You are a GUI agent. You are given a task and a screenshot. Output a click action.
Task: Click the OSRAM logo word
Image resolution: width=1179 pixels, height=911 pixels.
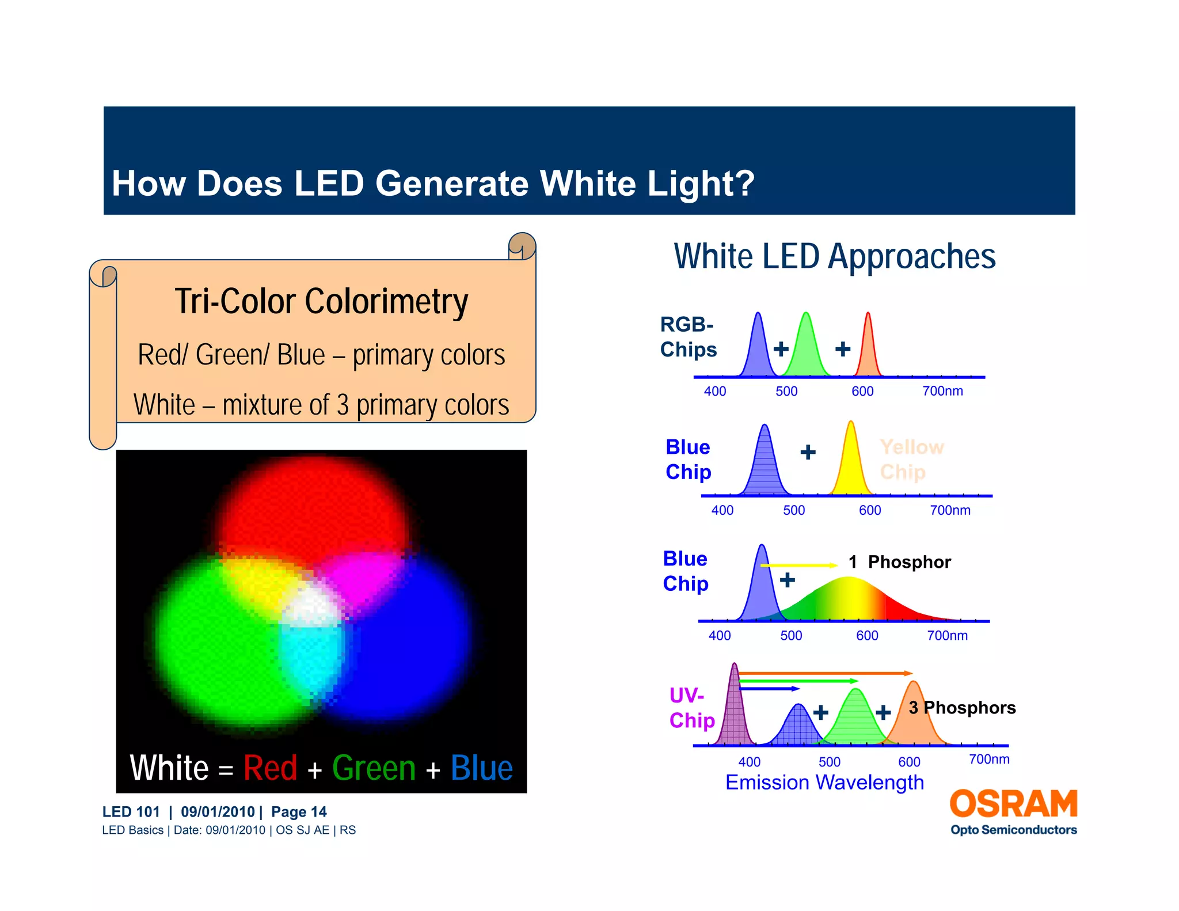pos(1013,804)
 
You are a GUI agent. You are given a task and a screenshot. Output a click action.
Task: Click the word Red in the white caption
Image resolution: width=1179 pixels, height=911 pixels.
pos(270,768)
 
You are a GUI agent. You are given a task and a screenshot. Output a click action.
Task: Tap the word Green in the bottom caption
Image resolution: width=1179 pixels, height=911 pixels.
pos(374,768)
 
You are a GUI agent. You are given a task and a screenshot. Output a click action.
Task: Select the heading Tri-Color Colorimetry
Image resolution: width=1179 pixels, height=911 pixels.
pos(321,302)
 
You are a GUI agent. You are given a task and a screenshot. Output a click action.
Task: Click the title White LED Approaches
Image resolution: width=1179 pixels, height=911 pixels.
pos(834,257)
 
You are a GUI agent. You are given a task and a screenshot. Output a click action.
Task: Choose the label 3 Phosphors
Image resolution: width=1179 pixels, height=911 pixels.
pos(962,707)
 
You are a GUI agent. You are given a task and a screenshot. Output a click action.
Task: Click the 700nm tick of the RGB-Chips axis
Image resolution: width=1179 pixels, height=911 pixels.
pos(942,391)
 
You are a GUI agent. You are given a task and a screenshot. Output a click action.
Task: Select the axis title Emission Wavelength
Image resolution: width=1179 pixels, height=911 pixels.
pos(824,783)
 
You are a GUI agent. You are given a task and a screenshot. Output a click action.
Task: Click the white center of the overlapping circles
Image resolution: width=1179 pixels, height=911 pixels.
pos(311,608)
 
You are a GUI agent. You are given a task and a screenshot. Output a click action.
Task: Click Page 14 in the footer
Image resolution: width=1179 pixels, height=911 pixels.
pos(299,812)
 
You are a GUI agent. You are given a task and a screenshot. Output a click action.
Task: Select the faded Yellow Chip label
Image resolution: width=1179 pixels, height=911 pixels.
pos(911,459)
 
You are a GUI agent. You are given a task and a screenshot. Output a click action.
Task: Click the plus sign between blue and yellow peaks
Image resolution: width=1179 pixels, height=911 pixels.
pos(808,452)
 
